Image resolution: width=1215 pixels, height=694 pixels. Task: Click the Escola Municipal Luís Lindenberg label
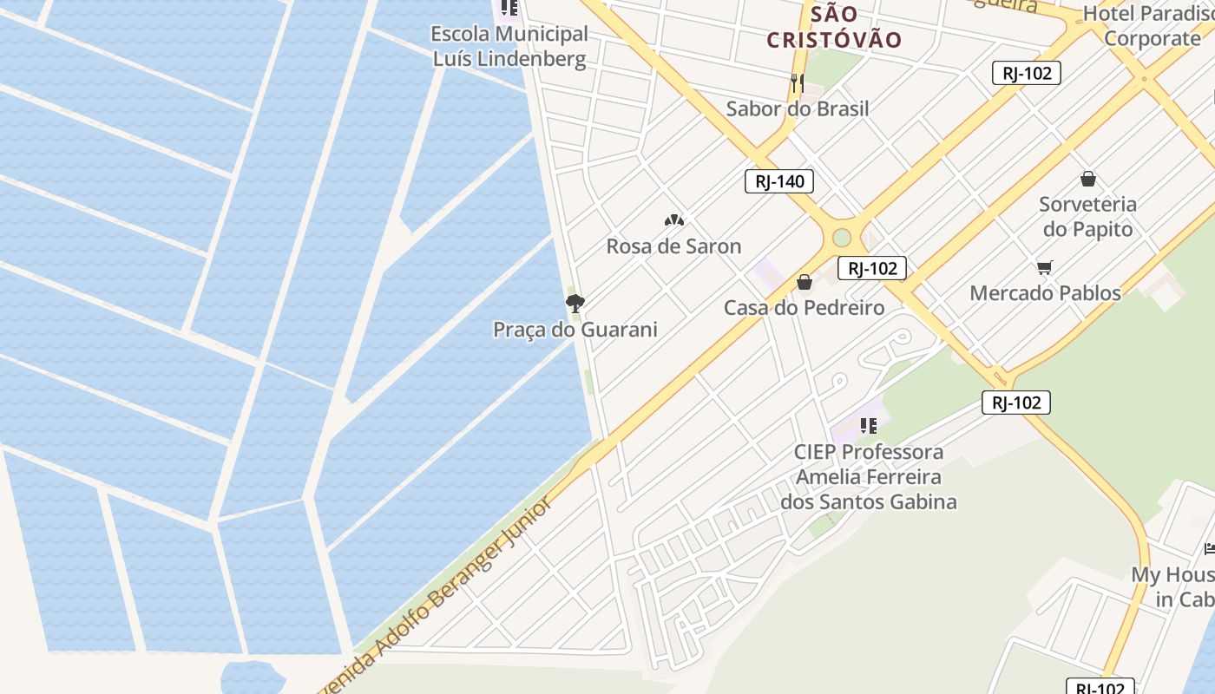click(510, 47)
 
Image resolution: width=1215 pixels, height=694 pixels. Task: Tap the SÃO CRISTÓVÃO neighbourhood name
click(834, 27)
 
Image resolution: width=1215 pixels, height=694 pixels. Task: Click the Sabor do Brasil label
click(797, 108)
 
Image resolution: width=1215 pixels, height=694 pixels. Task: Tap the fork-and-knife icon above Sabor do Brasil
click(798, 83)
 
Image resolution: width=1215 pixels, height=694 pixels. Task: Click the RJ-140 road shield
click(779, 181)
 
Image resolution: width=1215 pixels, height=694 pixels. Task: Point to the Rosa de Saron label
click(673, 246)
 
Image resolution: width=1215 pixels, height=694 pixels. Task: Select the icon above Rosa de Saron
click(674, 220)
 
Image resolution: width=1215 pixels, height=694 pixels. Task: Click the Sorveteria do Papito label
click(1087, 217)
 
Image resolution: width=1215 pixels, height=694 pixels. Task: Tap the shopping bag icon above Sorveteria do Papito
click(1088, 180)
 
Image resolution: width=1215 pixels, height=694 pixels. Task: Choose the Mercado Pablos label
click(1045, 293)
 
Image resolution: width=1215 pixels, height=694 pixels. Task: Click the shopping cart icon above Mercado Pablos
click(1045, 268)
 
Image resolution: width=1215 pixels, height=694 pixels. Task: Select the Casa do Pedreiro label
click(804, 308)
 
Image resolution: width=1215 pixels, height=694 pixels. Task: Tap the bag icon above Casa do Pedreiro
click(805, 282)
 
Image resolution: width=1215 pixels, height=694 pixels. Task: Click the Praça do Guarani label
click(575, 330)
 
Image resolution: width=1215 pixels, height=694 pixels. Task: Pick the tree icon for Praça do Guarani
click(575, 303)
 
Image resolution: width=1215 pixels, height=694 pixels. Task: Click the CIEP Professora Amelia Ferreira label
click(868, 476)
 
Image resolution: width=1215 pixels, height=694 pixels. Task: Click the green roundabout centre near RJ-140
click(842, 237)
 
